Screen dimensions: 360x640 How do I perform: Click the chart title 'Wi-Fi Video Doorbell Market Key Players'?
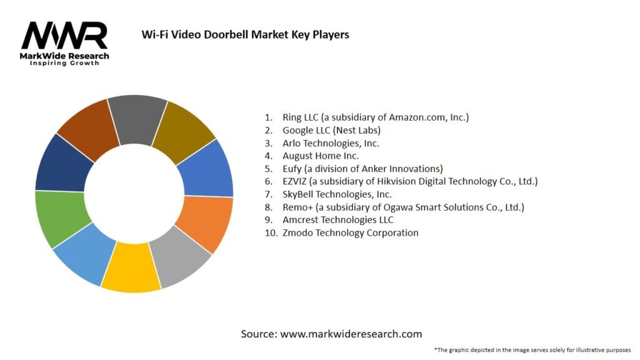[x=246, y=34]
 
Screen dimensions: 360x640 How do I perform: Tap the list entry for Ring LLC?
[x=366, y=117]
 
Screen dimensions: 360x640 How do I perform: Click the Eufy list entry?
[x=362, y=169]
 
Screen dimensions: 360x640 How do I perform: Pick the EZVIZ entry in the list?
[x=410, y=181]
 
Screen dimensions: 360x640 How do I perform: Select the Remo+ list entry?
[x=403, y=207]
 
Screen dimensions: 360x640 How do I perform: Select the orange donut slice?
[x=205, y=222]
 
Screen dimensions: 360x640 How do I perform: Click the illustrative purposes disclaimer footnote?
[x=532, y=349]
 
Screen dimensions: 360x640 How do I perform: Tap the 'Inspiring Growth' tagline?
[x=64, y=64]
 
